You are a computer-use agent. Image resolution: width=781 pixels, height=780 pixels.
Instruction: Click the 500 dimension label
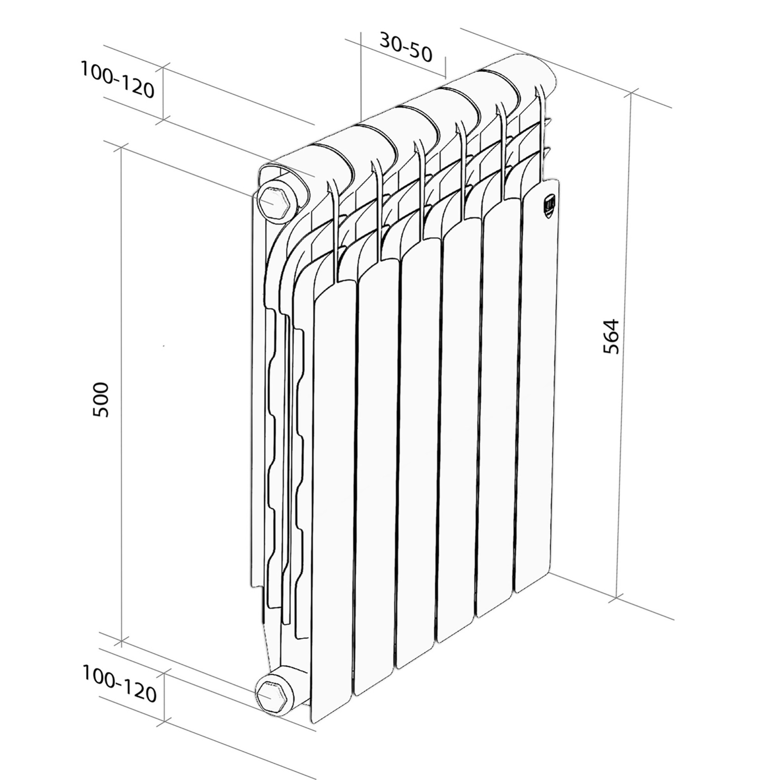pyautogui.click(x=101, y=400)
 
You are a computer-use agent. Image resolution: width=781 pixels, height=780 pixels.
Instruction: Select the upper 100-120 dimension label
pyautogui.click(x=117, y=80)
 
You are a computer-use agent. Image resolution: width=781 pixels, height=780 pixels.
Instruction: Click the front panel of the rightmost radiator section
pyautogui.click(x=538, y=384)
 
